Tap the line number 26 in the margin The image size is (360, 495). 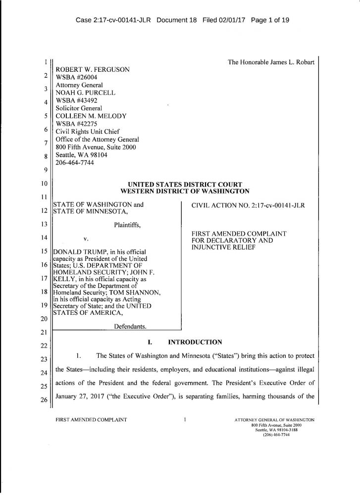click(44, 400)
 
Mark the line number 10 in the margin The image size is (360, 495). click(44, 184)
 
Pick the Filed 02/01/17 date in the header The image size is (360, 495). click(225, 21)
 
